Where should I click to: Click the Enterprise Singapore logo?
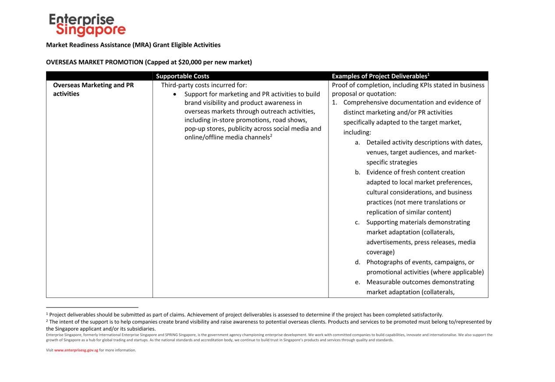coord(87,25)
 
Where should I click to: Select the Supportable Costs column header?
coord(183,76)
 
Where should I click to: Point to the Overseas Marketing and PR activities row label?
coord(93,89)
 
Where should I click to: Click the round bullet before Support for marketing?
coord(175,94)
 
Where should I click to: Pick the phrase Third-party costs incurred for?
coord(204,85)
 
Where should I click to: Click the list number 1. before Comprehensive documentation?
coord(335,102)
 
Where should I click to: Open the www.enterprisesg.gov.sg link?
coord(76,350)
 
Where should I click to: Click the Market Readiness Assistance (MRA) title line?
coord(133,45)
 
